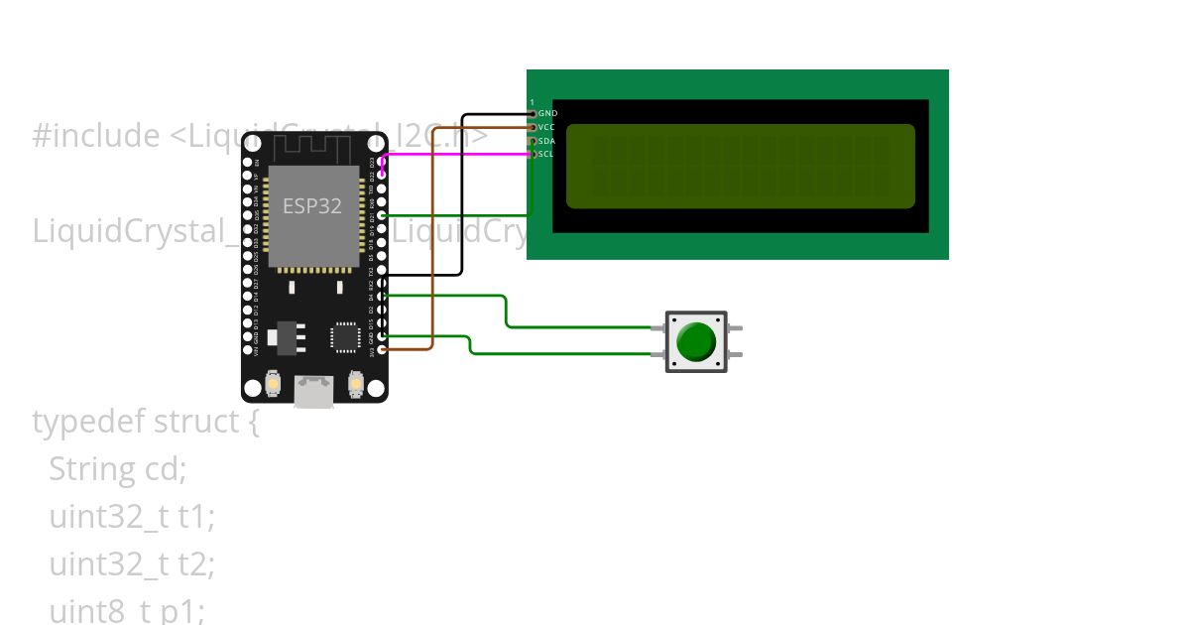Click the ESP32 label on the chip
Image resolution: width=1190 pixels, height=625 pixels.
pyautogui.click(x=312, y=206)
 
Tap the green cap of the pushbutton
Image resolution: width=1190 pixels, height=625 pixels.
pyautogui.click(x=695, y=341)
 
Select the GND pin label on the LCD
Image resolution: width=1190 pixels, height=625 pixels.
pyautogui.click(x=547, y=114)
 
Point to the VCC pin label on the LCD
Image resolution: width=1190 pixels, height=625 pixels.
pyautogui.click(x=546, y=127)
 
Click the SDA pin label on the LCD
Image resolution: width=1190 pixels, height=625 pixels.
pyautogui.click(x=546, y=141)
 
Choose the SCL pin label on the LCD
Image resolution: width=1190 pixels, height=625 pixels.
pyautogui.click(x=546, y=155)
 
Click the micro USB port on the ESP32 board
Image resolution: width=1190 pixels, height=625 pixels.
pyautogui.click(x=314, y=391)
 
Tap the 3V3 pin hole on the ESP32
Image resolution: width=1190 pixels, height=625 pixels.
pyautogui.click(x=383, y=350)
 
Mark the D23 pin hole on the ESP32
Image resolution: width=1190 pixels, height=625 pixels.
pyautogui.click(x=383, y=161)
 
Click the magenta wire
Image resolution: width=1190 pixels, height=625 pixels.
pyautogui.click(x=456, y=154)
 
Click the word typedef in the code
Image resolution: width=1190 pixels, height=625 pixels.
pyautogui.click(x=88, y=422)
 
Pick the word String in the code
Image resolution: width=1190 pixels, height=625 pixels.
pyautogui.click(x=91, y=468)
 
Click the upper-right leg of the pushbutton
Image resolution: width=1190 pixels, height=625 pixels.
pyautogui.click(x=735, y=328)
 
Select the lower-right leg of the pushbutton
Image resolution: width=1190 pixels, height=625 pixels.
pyautogui.click(x=735, y=354)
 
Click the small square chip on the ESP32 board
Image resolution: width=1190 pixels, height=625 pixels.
pyautogui.click(x=346, y=335)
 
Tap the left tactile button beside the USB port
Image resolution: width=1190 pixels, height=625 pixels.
pyautogui.click(x=274, y=382)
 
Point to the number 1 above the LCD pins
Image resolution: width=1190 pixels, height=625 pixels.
pyautogui.click(x=532, y=102)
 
